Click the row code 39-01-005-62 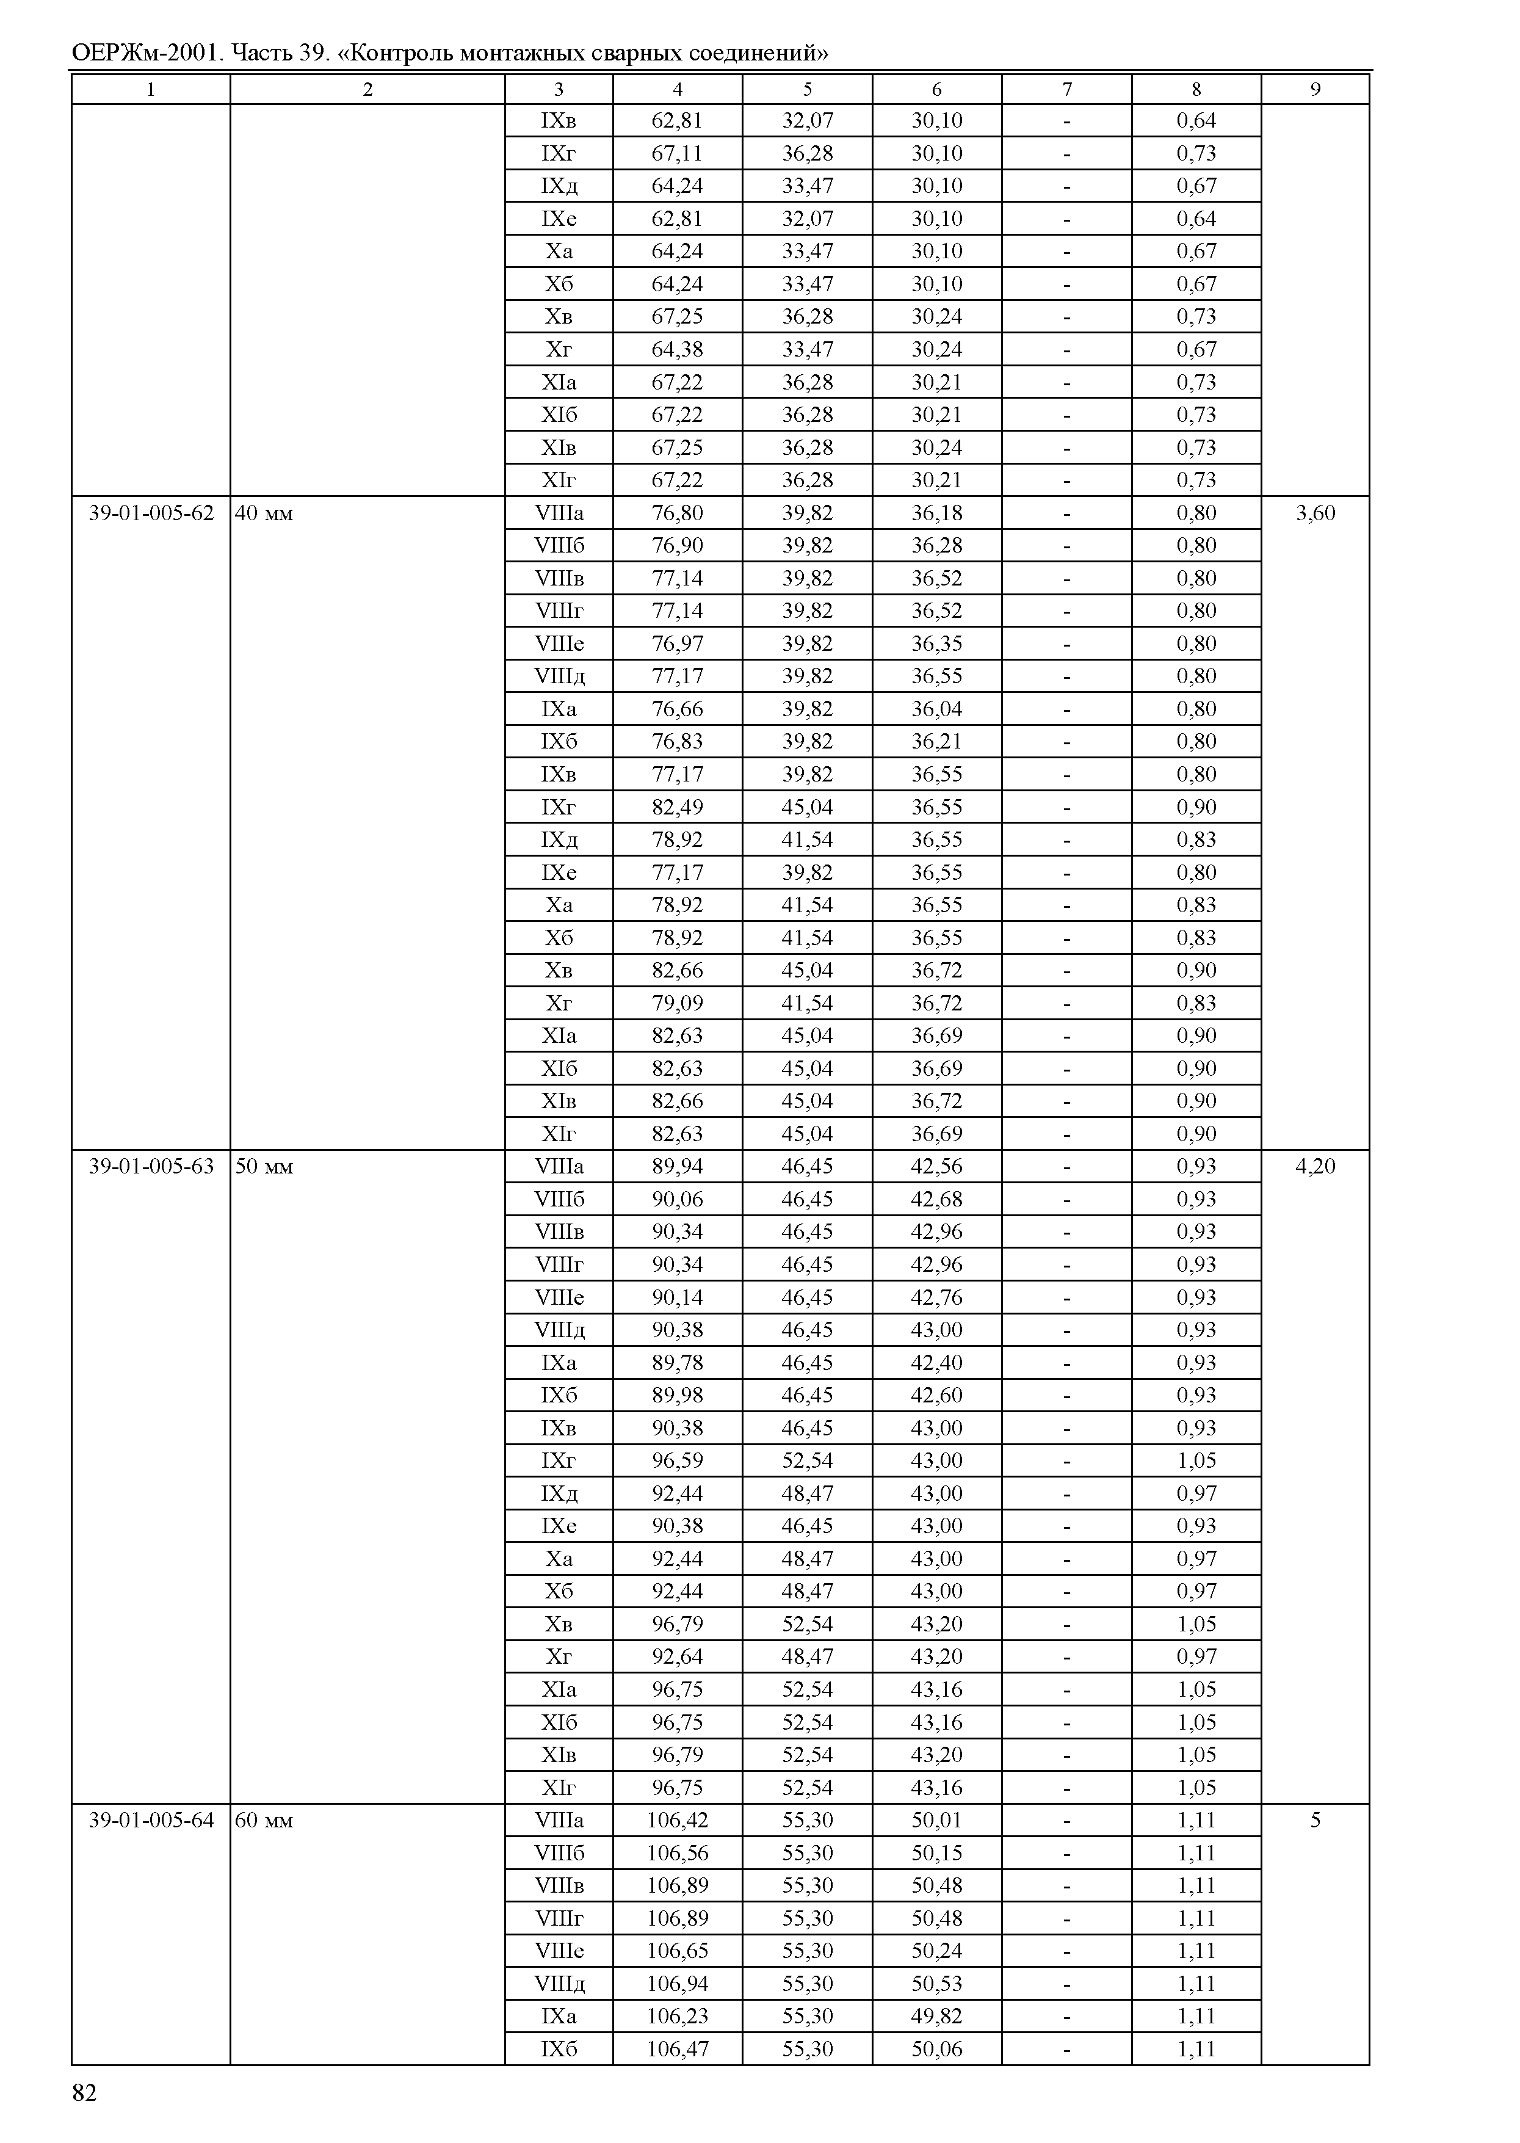[151, 513]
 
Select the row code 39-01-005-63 [151, 1167]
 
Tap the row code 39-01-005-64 [151, 1820]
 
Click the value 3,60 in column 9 [1315, 513]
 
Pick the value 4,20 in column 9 [1315, 1167]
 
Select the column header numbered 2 [368, 90]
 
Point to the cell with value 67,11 [677, 153]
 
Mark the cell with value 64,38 [677, 349]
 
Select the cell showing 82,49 [677, 807]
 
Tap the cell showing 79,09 [677, 1003]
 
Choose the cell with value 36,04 [937, 709]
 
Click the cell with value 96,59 [677, 1460]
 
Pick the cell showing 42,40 [937, 1362]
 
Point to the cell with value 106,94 [677, 1983]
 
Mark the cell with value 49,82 [937, 2015]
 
